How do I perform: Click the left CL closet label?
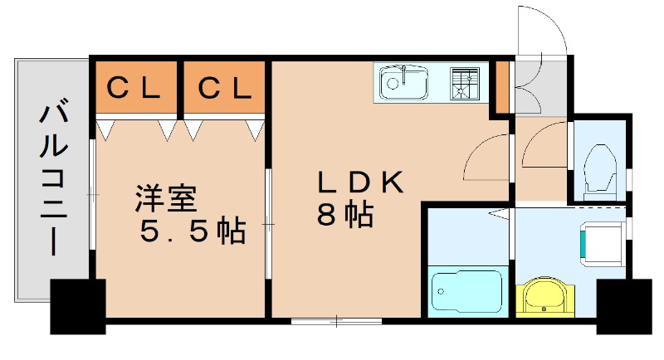134,87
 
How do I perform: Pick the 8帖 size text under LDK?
344,216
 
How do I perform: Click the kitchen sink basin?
403,84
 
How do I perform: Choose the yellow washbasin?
545,296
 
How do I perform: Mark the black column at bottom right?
622,305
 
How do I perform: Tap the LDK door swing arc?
486,158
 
